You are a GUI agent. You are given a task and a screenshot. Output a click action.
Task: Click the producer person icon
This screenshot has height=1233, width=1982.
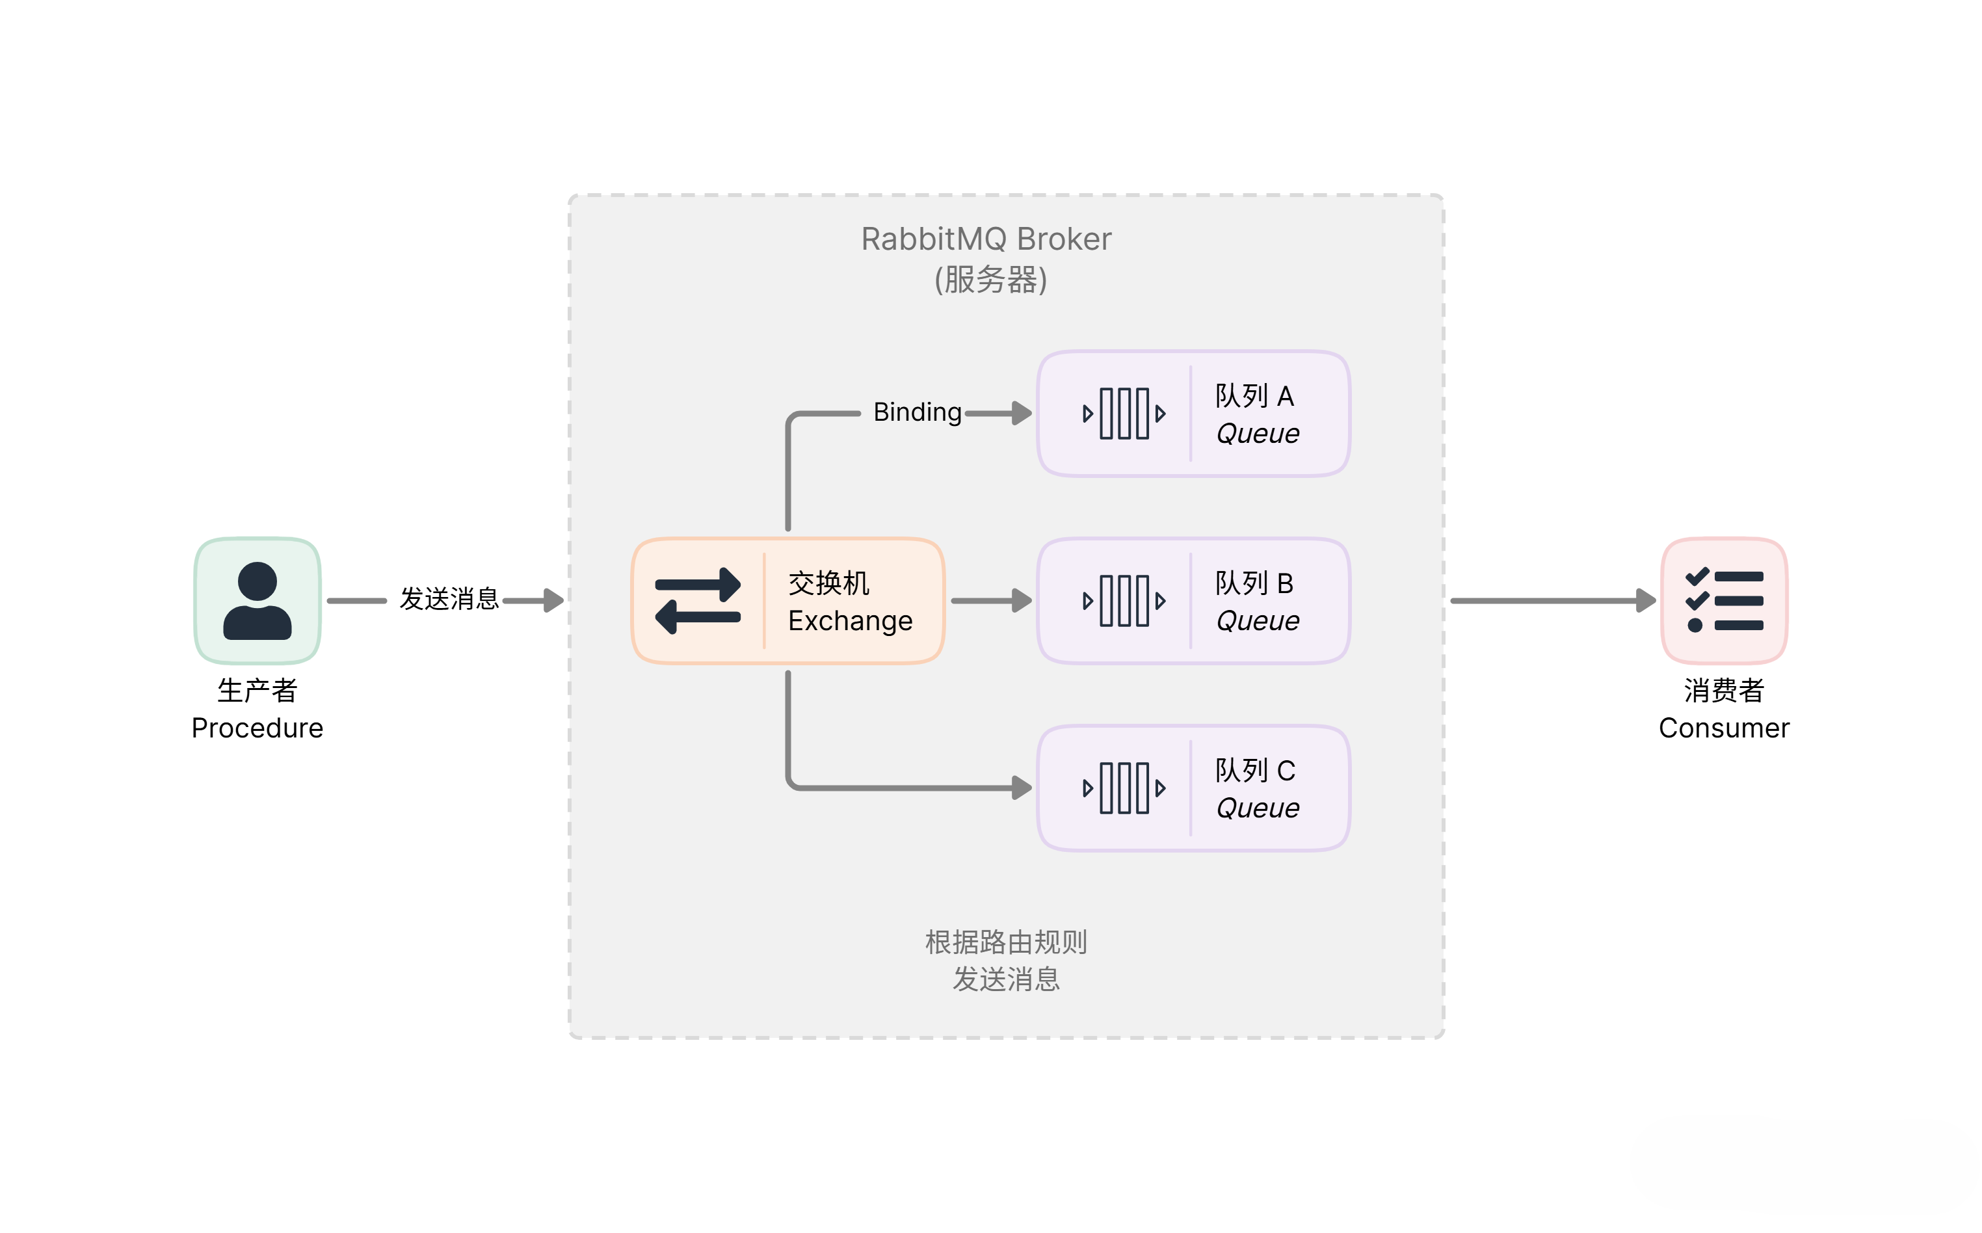click(257, 600)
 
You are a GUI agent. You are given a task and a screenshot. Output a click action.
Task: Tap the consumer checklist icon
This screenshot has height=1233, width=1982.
click(1724, 600)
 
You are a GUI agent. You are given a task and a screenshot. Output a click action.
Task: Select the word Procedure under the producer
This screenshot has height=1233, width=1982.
click(257, 728)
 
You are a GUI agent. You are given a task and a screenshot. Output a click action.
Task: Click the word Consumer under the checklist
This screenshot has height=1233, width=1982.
click(1724, 728)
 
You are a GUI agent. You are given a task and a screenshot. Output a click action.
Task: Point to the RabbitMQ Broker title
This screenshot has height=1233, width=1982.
click(986, 239)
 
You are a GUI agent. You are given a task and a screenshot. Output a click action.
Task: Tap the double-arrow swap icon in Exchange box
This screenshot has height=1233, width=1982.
click(698, 601)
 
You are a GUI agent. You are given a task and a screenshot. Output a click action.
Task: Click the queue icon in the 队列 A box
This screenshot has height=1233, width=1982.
click(1124, 414)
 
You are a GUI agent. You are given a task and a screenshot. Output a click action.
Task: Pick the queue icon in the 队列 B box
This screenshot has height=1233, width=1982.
click(1124, 601)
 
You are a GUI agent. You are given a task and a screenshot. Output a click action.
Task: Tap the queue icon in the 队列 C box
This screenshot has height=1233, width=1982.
click(1124, 788)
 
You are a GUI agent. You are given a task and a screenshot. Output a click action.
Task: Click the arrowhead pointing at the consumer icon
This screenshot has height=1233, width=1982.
click(1646, 601)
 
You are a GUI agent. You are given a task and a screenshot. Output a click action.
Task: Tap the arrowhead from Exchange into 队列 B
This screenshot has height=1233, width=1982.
click(1022, 601)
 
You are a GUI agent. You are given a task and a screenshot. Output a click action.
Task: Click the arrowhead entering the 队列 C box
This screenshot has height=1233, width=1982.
click(1022, 788)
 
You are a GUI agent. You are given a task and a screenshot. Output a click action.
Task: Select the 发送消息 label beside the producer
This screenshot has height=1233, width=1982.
click(449, 598)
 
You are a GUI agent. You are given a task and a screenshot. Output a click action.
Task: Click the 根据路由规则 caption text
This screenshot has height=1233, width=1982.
click(1005, 942)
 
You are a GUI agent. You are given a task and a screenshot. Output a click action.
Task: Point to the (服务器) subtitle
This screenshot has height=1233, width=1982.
click(990, 280)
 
